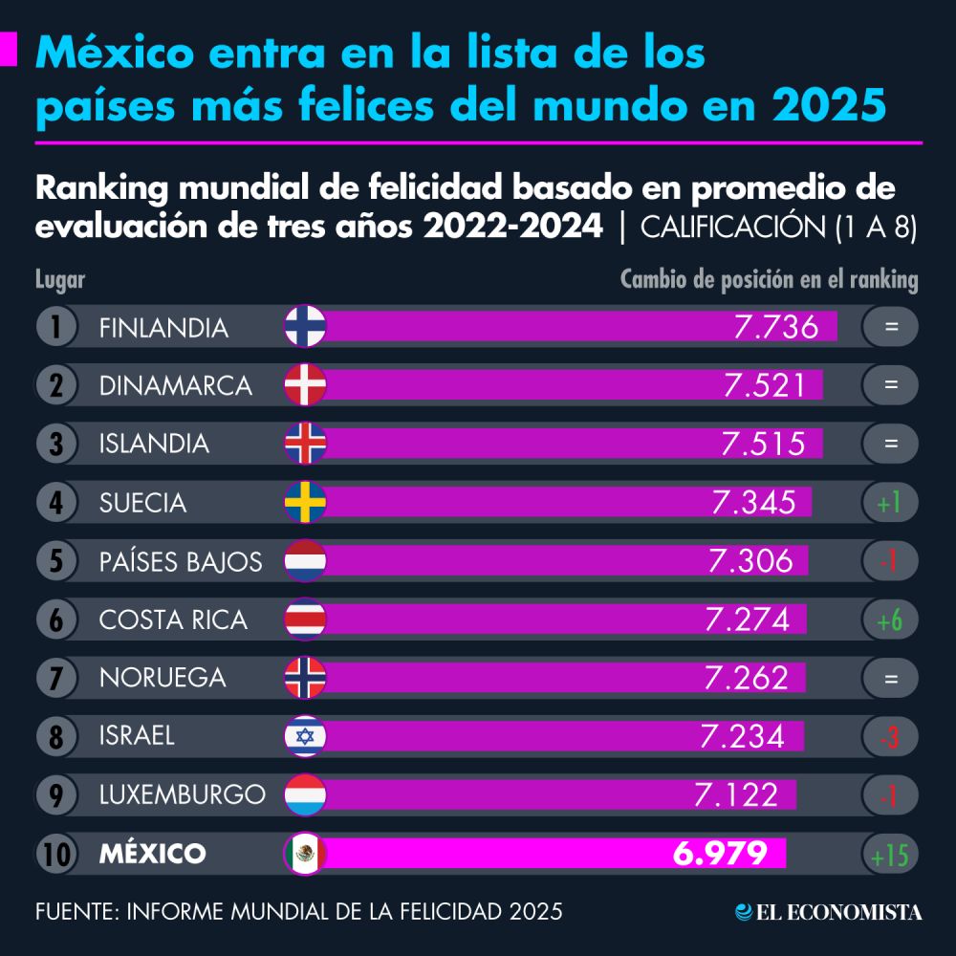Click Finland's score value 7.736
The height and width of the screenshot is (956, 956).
[x=776, y=328]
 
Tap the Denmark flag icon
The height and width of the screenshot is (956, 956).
[x=306, y=385]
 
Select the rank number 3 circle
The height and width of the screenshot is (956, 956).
[x=56, y=444]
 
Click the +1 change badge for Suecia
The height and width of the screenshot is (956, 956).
[x=890, y=502]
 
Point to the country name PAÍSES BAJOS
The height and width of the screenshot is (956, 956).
[x=181, y=561]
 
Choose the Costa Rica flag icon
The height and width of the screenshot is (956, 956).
[x=306, y=619]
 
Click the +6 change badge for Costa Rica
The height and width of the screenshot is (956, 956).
[x=890, y=619]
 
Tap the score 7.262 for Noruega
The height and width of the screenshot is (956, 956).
[x=746, y=678]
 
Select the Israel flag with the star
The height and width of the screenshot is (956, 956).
[x=306, y=736]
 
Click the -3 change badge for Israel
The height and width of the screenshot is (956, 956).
[x=890, y=736]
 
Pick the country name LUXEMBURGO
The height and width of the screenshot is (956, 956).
[x=183, y=794]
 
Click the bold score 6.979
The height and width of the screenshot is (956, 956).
[x=720, y=854]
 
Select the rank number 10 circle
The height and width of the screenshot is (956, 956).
[x=56, y=854]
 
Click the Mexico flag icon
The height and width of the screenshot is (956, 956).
[x=306, y=854]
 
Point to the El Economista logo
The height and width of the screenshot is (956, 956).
[x=828, y=912]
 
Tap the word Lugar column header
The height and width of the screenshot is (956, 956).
[x=60, y=280]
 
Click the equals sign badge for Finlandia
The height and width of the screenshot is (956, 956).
[x=890, y=327]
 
